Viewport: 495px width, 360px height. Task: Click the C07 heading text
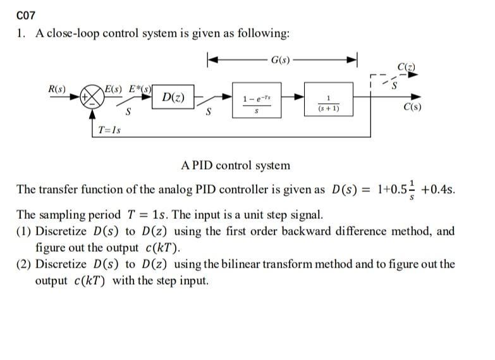26,15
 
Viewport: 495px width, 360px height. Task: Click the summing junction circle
92,98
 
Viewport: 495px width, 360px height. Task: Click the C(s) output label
412,107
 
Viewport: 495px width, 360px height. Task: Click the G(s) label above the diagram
280,60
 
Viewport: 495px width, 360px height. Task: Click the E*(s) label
140,88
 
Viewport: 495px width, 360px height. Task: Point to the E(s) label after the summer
114,88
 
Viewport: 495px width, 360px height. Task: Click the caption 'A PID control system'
235,166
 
